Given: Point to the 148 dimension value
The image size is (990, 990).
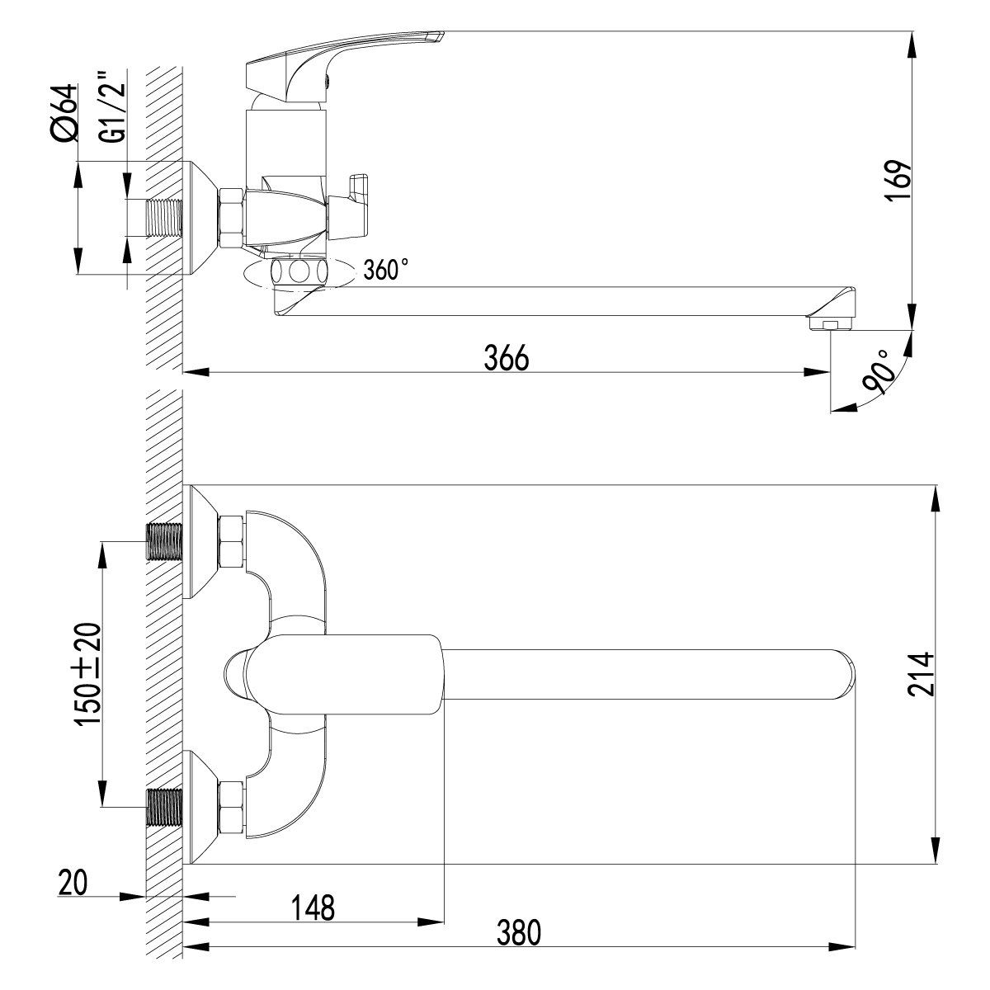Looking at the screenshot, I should point(313,907).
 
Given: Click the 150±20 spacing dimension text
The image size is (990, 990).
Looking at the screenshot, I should point(88,674).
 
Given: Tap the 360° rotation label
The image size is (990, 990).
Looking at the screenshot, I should point(385,270).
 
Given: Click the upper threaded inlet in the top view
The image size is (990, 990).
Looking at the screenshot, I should point(164,541).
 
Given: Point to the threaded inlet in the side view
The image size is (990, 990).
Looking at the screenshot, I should point(163,218).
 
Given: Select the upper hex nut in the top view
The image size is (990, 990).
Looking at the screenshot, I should point(231,541).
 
